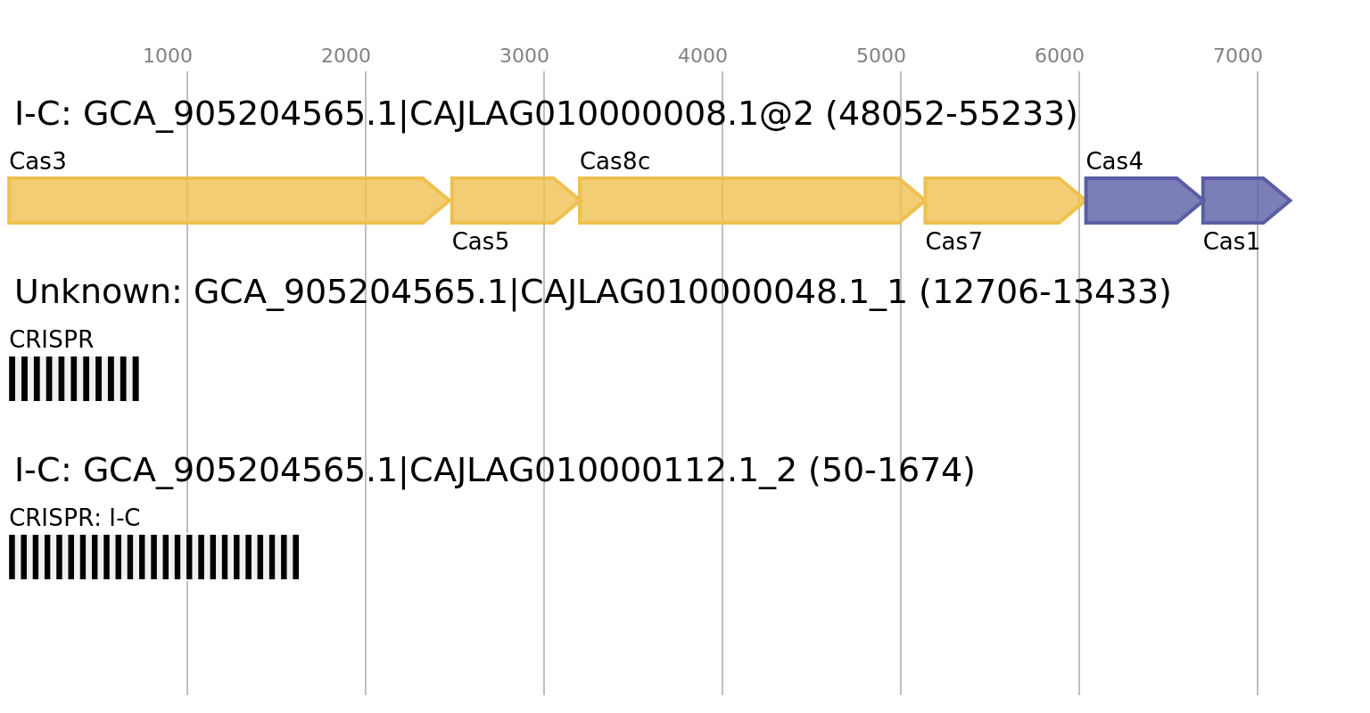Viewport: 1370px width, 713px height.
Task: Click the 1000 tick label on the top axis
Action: point(168,56)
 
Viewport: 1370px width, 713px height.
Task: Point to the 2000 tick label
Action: point(346,56)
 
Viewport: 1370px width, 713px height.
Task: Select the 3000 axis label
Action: point(524,56)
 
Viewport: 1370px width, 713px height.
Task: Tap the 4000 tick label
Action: point(703,56)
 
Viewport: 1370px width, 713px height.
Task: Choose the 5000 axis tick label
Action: point(881,56)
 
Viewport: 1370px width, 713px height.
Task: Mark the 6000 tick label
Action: point(1060,56)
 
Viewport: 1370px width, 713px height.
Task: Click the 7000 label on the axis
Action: point(1238,56)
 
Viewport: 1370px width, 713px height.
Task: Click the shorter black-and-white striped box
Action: point(74,379)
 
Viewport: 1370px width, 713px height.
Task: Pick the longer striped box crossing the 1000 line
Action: point(153,557)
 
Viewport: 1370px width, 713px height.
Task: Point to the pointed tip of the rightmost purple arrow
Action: point(1290,201)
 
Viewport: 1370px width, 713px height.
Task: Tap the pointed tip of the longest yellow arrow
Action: point(447,201)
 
